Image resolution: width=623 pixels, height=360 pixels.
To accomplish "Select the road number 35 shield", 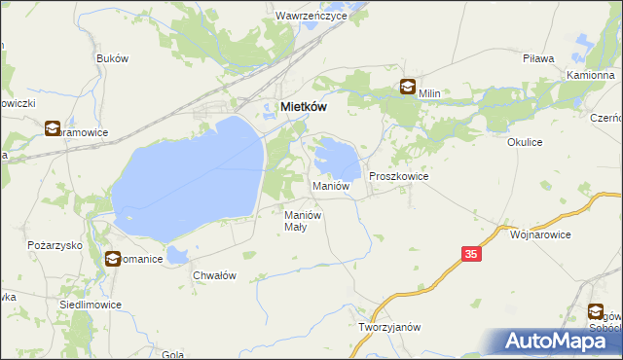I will pos(472,254).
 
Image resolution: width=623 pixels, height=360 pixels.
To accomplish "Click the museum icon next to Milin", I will pos(407,87).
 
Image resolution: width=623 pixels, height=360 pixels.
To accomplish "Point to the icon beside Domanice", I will pos(113,259).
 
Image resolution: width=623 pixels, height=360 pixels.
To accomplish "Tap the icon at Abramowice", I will pos(52,127).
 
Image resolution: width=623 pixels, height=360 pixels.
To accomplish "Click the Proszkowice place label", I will pos(399,176).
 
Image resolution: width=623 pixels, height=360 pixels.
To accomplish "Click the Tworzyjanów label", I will pos(388,327).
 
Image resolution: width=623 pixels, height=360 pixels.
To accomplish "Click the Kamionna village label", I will pos(590,75).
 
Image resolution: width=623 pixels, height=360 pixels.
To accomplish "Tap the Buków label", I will pos(112,58).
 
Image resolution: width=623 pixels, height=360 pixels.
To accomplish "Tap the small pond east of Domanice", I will pos(177,255).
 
